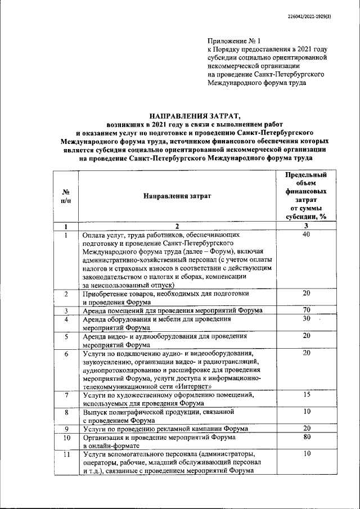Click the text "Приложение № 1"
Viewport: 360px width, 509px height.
click(231, 41)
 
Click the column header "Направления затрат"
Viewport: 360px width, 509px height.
click(177, 196)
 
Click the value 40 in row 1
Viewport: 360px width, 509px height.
click(307, 235)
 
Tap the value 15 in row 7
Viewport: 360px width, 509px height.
click(307, 395)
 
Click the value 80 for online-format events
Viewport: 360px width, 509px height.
click(307, 437)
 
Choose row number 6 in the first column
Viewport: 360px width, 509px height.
click(66, 354)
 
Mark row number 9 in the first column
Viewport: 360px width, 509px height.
click(66, 429)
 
